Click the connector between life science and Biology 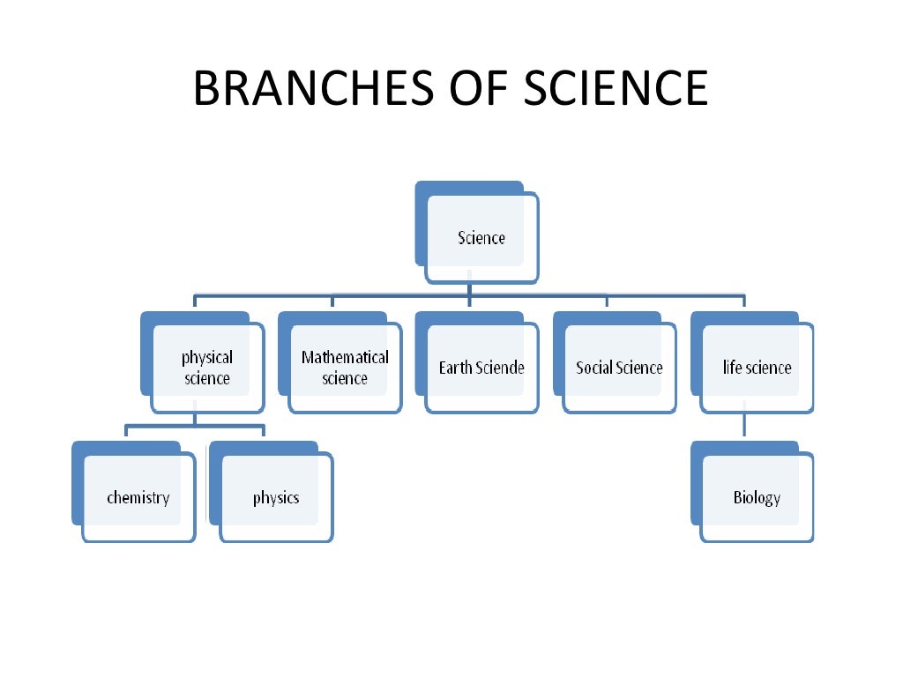point(744,424)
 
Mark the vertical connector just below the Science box point(469,288)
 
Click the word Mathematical point(345,357)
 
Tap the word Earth point(456,368)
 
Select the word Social point(593,368)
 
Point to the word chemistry point(138,498)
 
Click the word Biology point(757,498)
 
